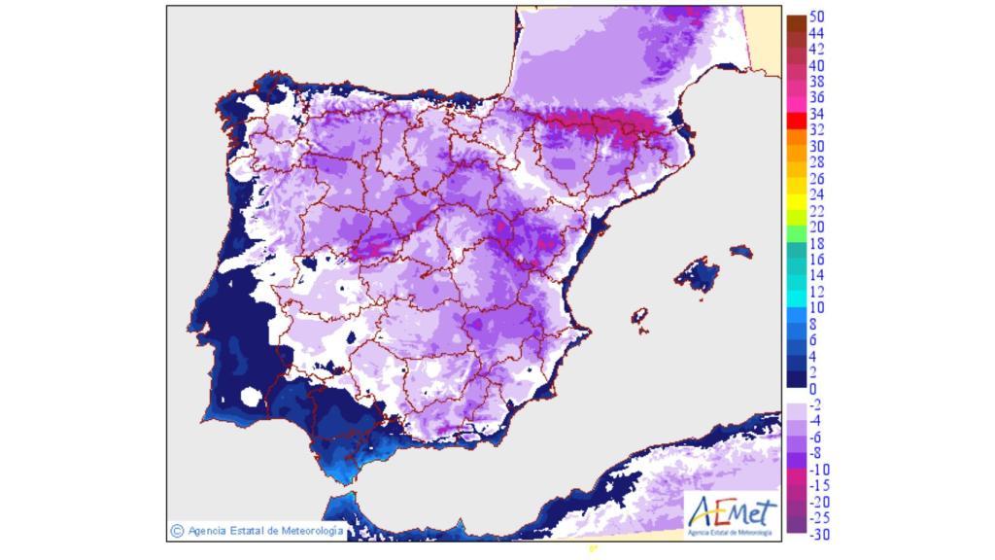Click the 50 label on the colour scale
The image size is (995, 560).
pyautogui.click(x=817, y=17)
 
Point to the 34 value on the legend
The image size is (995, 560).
pyautogui.click(x=817, y=114)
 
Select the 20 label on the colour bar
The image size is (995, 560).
pyautogui.click(x=817, y=227)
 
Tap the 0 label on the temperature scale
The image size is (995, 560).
pyautogui.click(x=813, y=389)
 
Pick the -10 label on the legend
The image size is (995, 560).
pyautogui.click(x=819, y=470)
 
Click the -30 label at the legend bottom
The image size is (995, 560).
pyautogui.click(x=819, y=534)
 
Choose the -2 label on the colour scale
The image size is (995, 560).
pyautogui.click(x=817, y=404)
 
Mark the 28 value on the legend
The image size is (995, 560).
pyautogui.click(x=817, y=162)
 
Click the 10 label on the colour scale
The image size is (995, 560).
pyautogui.click(x=817, y=307)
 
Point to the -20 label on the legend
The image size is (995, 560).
pyautogui.click(x=819, y=502)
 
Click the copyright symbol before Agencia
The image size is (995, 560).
pyautogui.click(x=177, y=531)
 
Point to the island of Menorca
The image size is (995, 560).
pyautogui.click(x=741, y=252)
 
